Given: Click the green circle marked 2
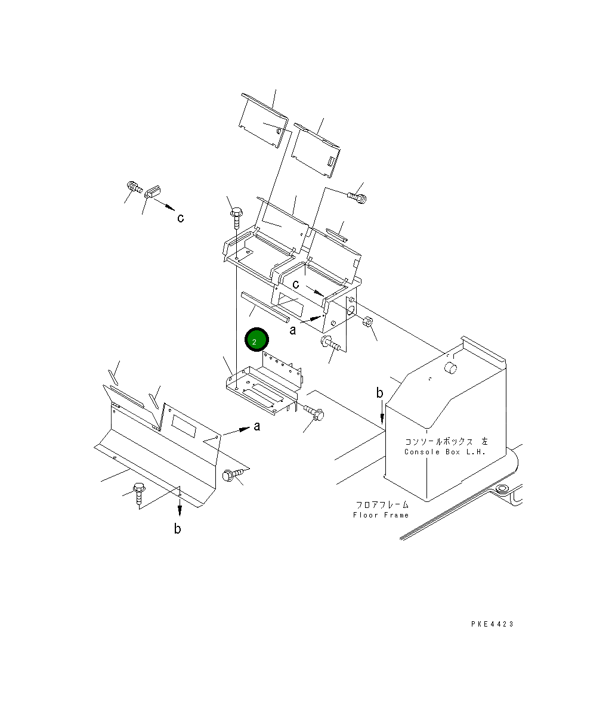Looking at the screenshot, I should tap(256, 340).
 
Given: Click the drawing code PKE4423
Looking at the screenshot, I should tap(492, 624).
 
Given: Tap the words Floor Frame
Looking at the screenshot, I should tap(381, 515).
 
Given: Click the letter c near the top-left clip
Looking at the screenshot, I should tap(180, 218).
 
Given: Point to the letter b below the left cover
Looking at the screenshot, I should tap(178, 528).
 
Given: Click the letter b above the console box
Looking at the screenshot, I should tap(379, 393).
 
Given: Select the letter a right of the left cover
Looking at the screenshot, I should tap(257, 426).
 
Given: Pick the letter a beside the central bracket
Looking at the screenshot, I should tap(292, 330).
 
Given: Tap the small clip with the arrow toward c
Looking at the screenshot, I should tap(153, 191).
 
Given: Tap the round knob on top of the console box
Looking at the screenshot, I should tap(451, 367).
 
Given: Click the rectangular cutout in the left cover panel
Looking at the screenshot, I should tap(183, 424).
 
